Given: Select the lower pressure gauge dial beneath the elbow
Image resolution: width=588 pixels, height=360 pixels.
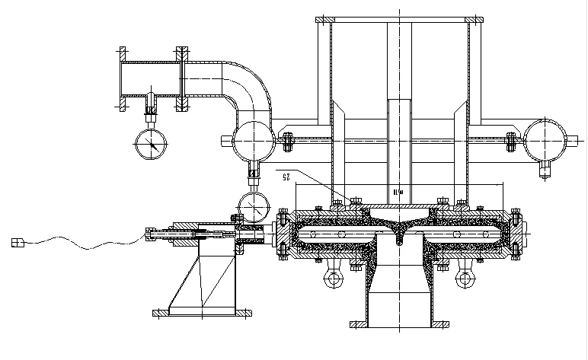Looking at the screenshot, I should (x=252, y=205).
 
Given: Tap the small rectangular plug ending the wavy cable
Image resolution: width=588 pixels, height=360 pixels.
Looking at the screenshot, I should (x=18, y=243).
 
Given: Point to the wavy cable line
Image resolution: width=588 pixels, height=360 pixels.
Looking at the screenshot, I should (x=84, y=243).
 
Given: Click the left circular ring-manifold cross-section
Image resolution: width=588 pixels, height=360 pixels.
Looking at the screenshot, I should (x=253, y=139).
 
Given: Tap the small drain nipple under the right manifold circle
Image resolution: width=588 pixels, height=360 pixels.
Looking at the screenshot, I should (x=545, y=169).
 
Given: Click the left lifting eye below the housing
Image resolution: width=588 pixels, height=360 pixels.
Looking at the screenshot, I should (x=333, y=280).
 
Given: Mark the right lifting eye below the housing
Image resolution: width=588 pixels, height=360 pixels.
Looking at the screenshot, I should (x=465, y=280).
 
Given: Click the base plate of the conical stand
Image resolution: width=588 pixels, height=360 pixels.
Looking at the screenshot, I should (x=202, y=311).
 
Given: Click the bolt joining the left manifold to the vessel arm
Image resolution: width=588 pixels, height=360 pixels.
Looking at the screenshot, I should (x=288, y=139).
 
